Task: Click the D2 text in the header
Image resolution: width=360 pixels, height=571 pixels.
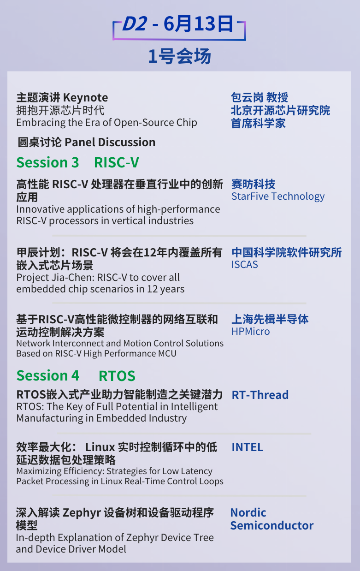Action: (135, 24)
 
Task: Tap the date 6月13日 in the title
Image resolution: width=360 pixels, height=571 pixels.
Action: (198, 24)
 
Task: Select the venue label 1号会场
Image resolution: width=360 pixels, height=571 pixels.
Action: (180, 56)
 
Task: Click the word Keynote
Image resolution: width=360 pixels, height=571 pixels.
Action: (86, 98)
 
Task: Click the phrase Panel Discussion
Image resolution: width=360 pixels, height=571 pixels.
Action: (110, 142)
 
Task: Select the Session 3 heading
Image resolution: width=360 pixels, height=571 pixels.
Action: (47, 162)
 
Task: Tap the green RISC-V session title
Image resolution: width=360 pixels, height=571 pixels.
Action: (117, 162)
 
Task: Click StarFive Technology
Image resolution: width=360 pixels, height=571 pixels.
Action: (278, 196)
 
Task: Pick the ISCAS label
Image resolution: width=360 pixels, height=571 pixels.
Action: (245, 265)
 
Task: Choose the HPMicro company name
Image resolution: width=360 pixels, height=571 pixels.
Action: (250, 331)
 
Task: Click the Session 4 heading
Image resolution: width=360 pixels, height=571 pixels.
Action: (48, 375)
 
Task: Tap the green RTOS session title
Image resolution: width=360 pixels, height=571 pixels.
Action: (117, 376)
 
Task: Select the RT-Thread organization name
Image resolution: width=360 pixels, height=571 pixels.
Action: (260, 395)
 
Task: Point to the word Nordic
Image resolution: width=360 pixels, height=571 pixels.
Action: (248, 512)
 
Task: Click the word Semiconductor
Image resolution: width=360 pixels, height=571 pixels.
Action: (272, 526)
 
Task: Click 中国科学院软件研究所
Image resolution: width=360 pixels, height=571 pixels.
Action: (287, 252)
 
